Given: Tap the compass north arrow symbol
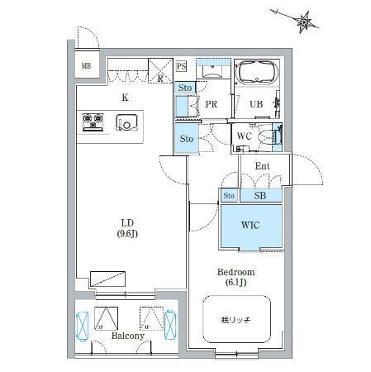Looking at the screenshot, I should point(305,22).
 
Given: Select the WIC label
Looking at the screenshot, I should point(252,224).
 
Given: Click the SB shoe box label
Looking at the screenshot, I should point(259,196).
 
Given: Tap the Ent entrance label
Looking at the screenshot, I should point(262,167).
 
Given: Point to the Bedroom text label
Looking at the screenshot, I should point(235,272).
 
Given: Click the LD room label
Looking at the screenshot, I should point(129,222).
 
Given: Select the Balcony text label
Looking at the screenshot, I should point(128,336).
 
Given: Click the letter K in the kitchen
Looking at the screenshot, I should point(125,98).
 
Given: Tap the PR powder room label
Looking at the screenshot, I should point(211,105).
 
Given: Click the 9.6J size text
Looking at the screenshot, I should point(129,234).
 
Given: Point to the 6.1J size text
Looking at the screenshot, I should point(235,284).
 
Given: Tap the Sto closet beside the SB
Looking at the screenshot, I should point(229,196).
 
